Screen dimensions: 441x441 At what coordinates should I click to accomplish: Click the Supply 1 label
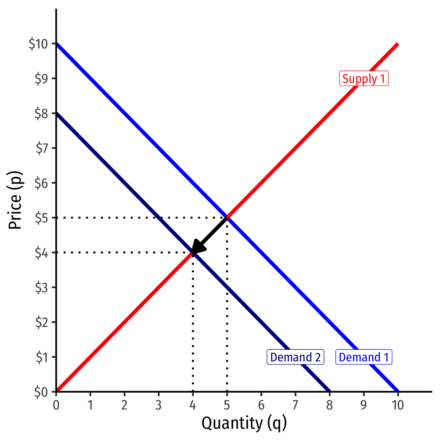click(364, 78)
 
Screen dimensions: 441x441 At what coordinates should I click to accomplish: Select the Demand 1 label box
click(364, 357)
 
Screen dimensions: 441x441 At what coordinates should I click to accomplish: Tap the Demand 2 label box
click(295, 357)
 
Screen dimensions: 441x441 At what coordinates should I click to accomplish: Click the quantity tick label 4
click(192, 405)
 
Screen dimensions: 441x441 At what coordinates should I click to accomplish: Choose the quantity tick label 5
click(227, 405)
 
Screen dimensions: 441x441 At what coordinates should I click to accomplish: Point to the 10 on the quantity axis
click(398, 405)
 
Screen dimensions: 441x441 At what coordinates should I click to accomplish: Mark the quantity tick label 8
click(329, 405)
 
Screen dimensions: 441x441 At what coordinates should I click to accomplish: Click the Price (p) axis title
click(15, 200)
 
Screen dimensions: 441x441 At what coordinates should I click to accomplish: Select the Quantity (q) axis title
click(244, 423)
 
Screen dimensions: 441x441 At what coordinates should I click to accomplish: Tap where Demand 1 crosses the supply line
click(227, 218)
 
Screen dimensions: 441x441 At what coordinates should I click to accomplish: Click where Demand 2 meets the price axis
click(57, 113)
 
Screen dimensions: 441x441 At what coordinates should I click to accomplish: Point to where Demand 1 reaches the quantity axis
click(398, 391)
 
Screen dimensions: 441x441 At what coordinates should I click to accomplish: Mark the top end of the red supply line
click(397, 44)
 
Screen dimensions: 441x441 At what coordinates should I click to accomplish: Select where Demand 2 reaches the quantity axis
click(330, 391)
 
